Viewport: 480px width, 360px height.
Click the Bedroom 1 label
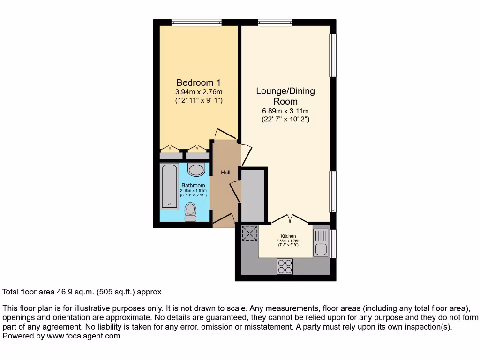click(x=199, y=82)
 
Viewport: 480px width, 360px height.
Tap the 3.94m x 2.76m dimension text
click(x=199, y=91)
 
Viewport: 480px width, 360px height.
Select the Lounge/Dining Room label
click(x=285, y=96)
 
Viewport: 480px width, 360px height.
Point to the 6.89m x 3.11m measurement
click(x=285, y=111)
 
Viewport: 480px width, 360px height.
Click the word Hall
click(x=225, y=172)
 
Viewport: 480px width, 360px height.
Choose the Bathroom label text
click(x=193, y=186)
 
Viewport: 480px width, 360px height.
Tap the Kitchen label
click(x=288, y=236)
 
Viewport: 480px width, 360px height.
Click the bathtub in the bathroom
click(x=169, y=187)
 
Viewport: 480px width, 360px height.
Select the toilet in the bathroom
click(x=191, y=211)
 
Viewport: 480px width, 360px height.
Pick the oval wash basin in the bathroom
click(x=196, y=169)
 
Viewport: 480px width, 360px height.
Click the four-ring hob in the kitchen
click(x=284, y=266)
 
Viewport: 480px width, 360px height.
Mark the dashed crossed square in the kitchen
click(x=250, y=233)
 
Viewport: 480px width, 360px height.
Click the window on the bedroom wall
click(x=196, y=22)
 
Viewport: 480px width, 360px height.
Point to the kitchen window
click(x=333, y=243)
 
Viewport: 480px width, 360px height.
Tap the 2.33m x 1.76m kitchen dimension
click(x=287, y=241)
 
